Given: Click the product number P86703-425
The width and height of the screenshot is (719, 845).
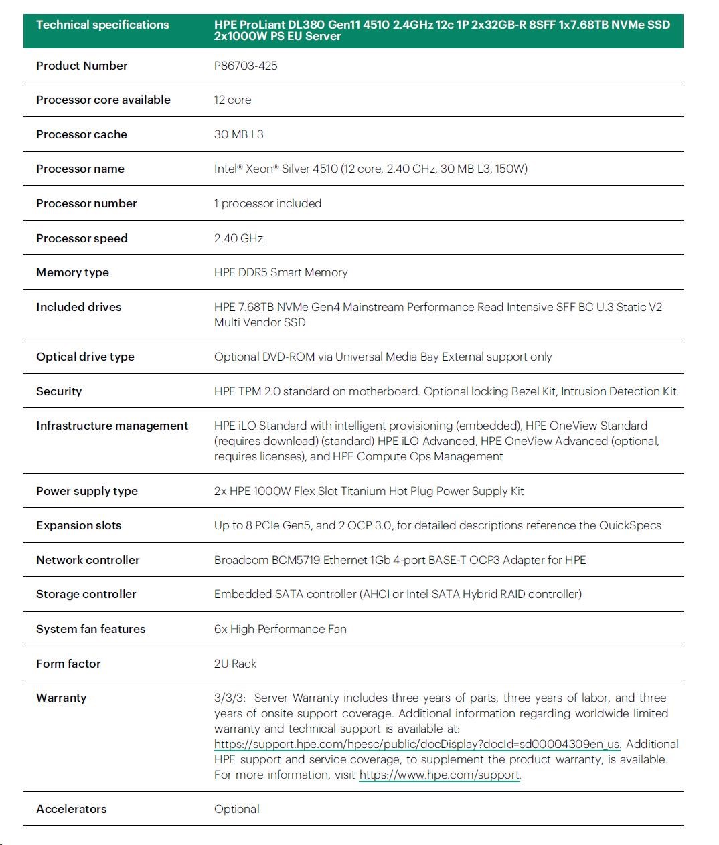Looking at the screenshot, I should pos(246,66).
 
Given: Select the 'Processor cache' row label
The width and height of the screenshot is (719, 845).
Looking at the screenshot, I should pos(82,134).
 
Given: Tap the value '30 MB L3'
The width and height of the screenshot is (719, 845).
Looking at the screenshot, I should pos(238,134).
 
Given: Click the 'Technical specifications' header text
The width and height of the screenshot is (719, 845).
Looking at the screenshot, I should pos(102,25).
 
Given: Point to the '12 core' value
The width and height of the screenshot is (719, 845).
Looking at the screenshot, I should pos(232,100).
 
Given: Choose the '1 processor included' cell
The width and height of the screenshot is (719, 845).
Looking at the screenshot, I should pos(268,203).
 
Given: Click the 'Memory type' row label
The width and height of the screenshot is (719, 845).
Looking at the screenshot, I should pos(72,272).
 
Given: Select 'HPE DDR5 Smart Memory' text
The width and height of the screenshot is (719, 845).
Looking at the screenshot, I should pos(281,272).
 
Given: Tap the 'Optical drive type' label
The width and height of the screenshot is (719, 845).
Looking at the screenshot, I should pos(85,357).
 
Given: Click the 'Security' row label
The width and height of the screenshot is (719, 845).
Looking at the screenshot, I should pos(59,391).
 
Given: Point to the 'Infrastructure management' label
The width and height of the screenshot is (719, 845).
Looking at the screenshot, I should pos(112,426).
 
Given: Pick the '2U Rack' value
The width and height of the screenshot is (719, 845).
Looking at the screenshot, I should pos(235,664).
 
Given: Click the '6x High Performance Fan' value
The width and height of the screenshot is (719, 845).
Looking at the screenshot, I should pos(280,629).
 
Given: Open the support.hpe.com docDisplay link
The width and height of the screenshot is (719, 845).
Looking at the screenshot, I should pos(416,744).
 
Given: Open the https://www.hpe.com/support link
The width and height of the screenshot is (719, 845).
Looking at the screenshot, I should pos(439,775).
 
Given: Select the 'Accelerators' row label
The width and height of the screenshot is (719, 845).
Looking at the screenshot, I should pos(72,809).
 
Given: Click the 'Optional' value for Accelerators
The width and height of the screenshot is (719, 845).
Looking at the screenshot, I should pos(237,809).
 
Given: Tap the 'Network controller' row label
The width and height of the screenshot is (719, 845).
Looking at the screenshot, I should pos(88,560).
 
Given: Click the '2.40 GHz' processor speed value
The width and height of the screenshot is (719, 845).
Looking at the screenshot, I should pos(238,238).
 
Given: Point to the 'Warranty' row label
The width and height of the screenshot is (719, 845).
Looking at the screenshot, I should pos(62,698).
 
